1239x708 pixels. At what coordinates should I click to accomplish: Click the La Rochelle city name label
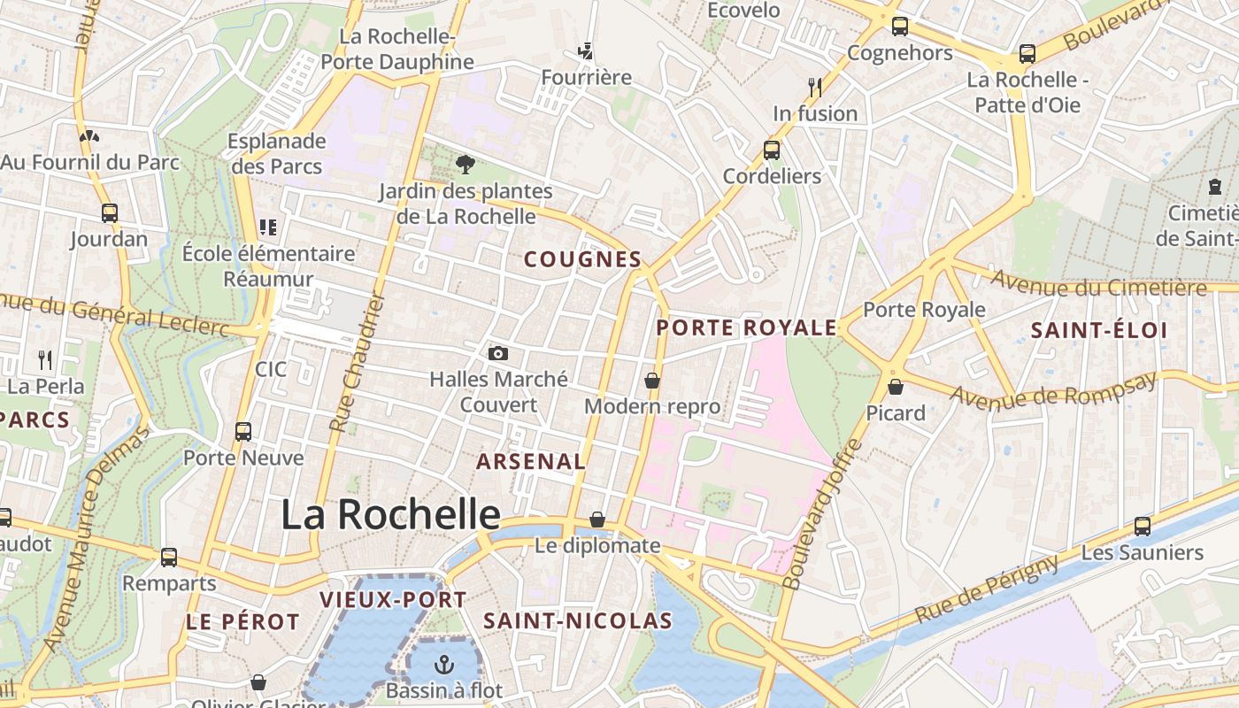(390, 514)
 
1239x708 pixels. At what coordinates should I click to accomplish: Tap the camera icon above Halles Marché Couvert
(498, 354)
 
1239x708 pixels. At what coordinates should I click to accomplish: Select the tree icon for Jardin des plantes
(465, 164)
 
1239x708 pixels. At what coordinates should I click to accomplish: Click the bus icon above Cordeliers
(772, 150)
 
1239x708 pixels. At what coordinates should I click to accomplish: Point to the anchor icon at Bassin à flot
(443, 664)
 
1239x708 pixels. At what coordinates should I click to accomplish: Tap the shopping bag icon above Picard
(896, 387)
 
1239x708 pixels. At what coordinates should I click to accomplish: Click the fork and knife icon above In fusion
(815, 87)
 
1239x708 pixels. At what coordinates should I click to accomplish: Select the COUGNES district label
(582, 259)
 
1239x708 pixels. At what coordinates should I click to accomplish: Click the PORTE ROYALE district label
(746, 327)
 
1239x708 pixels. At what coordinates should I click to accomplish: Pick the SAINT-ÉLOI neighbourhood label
(1099, 331)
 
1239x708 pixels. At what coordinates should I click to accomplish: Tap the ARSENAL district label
(531, 461)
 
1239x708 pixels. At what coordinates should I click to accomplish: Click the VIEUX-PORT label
(392, 599)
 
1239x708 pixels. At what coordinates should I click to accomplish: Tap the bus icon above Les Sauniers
(1143, 527)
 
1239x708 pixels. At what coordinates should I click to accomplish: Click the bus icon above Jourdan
(110, 213)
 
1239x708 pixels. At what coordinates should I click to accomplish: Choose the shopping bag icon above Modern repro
(652, 381)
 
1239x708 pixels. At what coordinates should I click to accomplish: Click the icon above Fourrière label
(585, 50)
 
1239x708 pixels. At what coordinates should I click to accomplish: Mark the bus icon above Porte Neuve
(243, 432)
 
